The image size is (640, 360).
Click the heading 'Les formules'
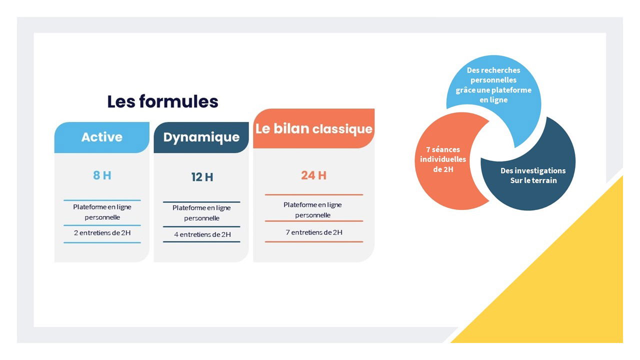point(162,101)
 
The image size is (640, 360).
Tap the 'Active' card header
point(101,137)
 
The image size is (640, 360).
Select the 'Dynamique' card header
point(201,137)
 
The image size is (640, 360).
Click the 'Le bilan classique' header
point(313,128)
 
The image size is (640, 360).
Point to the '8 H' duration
point(102,175)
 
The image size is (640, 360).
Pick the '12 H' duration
point(202,177)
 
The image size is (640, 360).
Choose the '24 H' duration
point(313,175)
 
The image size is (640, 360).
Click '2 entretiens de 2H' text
point(102,233)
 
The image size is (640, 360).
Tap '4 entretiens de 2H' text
point(202,234)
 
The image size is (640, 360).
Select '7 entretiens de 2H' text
point(313,232)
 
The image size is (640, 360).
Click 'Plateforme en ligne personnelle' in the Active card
point(102,212)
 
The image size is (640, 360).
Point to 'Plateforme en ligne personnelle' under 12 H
point(201,213)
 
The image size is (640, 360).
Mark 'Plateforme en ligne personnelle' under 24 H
point(312,209)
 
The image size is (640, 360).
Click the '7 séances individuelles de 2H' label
point(443,159)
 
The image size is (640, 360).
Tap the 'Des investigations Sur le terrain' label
point(533,175)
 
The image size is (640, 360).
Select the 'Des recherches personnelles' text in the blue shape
point(493,75)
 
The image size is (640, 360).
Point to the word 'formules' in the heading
point(179,101)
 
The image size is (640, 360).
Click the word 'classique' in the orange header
point(342,129)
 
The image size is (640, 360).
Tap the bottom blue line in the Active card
point(102,242)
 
